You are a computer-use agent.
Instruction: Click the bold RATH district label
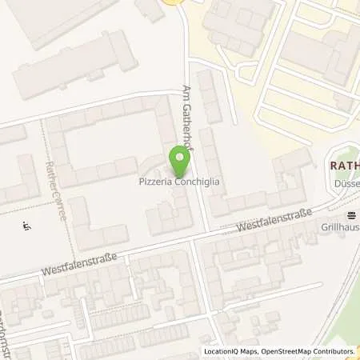[342, 166]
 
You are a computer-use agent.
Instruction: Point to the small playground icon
[26, 227]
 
